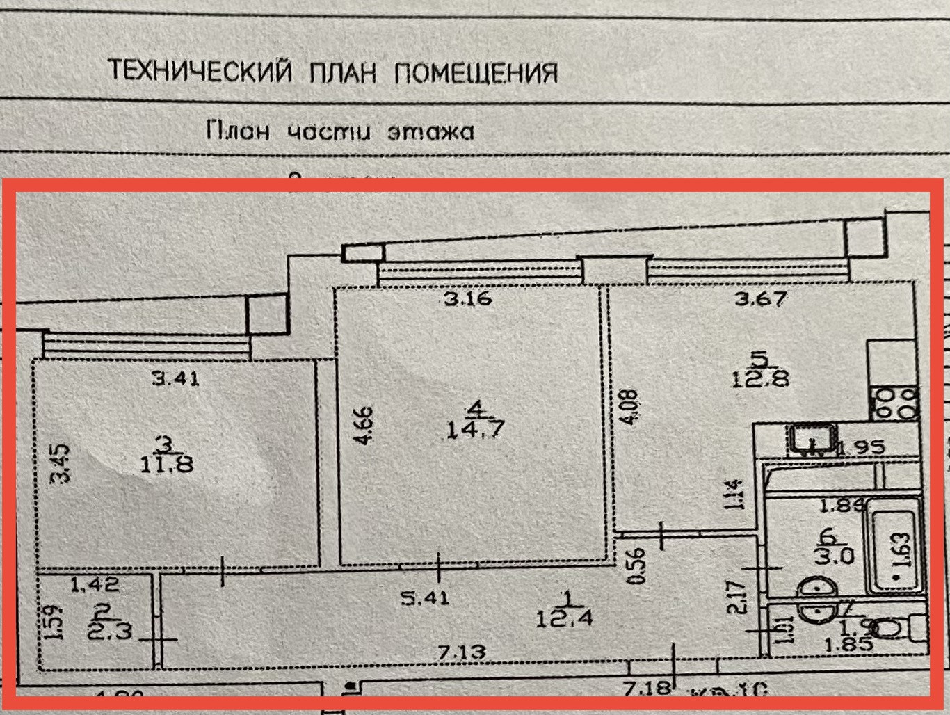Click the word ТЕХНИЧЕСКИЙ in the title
pos(200,71)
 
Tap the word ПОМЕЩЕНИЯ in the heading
pos(476,72)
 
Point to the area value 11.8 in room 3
pos(166,462)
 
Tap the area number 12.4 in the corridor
pos(564,616)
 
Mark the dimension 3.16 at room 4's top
pos(468,300)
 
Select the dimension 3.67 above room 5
pos(761,300)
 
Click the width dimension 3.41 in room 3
pos(176,379)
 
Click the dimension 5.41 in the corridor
pos(426,597)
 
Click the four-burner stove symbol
pos(896,403)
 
